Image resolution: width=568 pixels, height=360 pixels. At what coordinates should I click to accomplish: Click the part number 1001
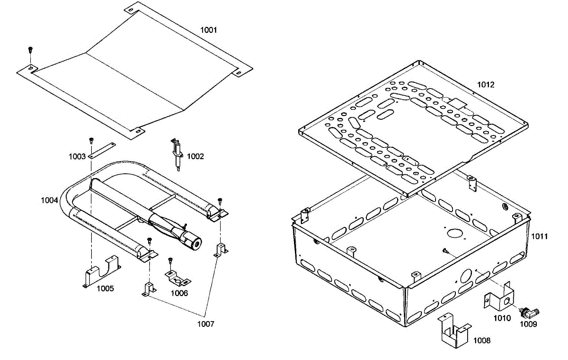click(208, 30)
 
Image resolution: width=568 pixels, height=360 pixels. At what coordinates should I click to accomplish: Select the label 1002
click(195, 156)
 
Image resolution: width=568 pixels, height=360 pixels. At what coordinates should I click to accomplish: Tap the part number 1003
click(77, 156)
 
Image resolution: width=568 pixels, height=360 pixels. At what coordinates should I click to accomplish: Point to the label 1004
click(49, 200)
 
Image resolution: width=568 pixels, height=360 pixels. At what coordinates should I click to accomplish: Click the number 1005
click(105, 288)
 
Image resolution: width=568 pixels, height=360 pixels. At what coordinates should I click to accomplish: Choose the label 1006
click(179, 293)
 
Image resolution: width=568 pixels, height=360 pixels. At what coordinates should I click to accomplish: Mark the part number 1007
click(206, 324)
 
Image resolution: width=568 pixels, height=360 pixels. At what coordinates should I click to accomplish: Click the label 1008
click(482, 340)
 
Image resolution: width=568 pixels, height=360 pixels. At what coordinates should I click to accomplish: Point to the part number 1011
click(539, 236)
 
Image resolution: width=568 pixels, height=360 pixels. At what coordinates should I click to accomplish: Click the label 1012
click(486, 85)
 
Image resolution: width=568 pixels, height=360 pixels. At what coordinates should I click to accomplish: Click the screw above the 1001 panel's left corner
click(31, 49)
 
